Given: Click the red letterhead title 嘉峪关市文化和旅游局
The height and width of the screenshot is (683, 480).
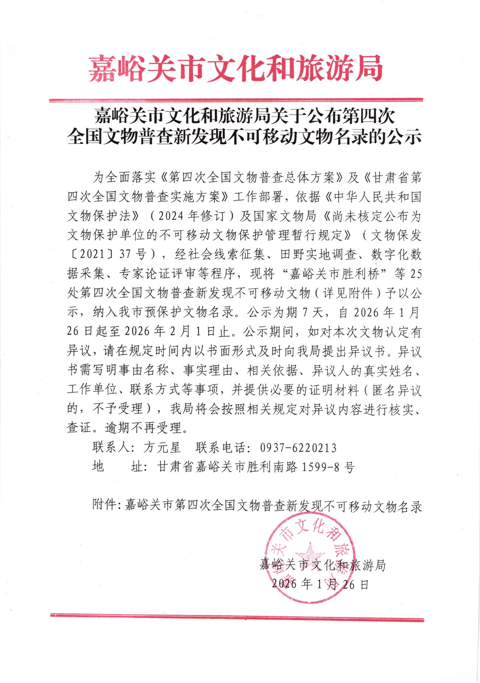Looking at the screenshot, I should pyautogui.click(x=236, y=68).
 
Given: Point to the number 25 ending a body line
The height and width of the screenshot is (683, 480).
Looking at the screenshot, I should pyautogui.click(x=415, y=274).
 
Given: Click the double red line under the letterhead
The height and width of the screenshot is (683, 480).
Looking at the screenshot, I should pyautogui.click(x=236, y=100).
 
